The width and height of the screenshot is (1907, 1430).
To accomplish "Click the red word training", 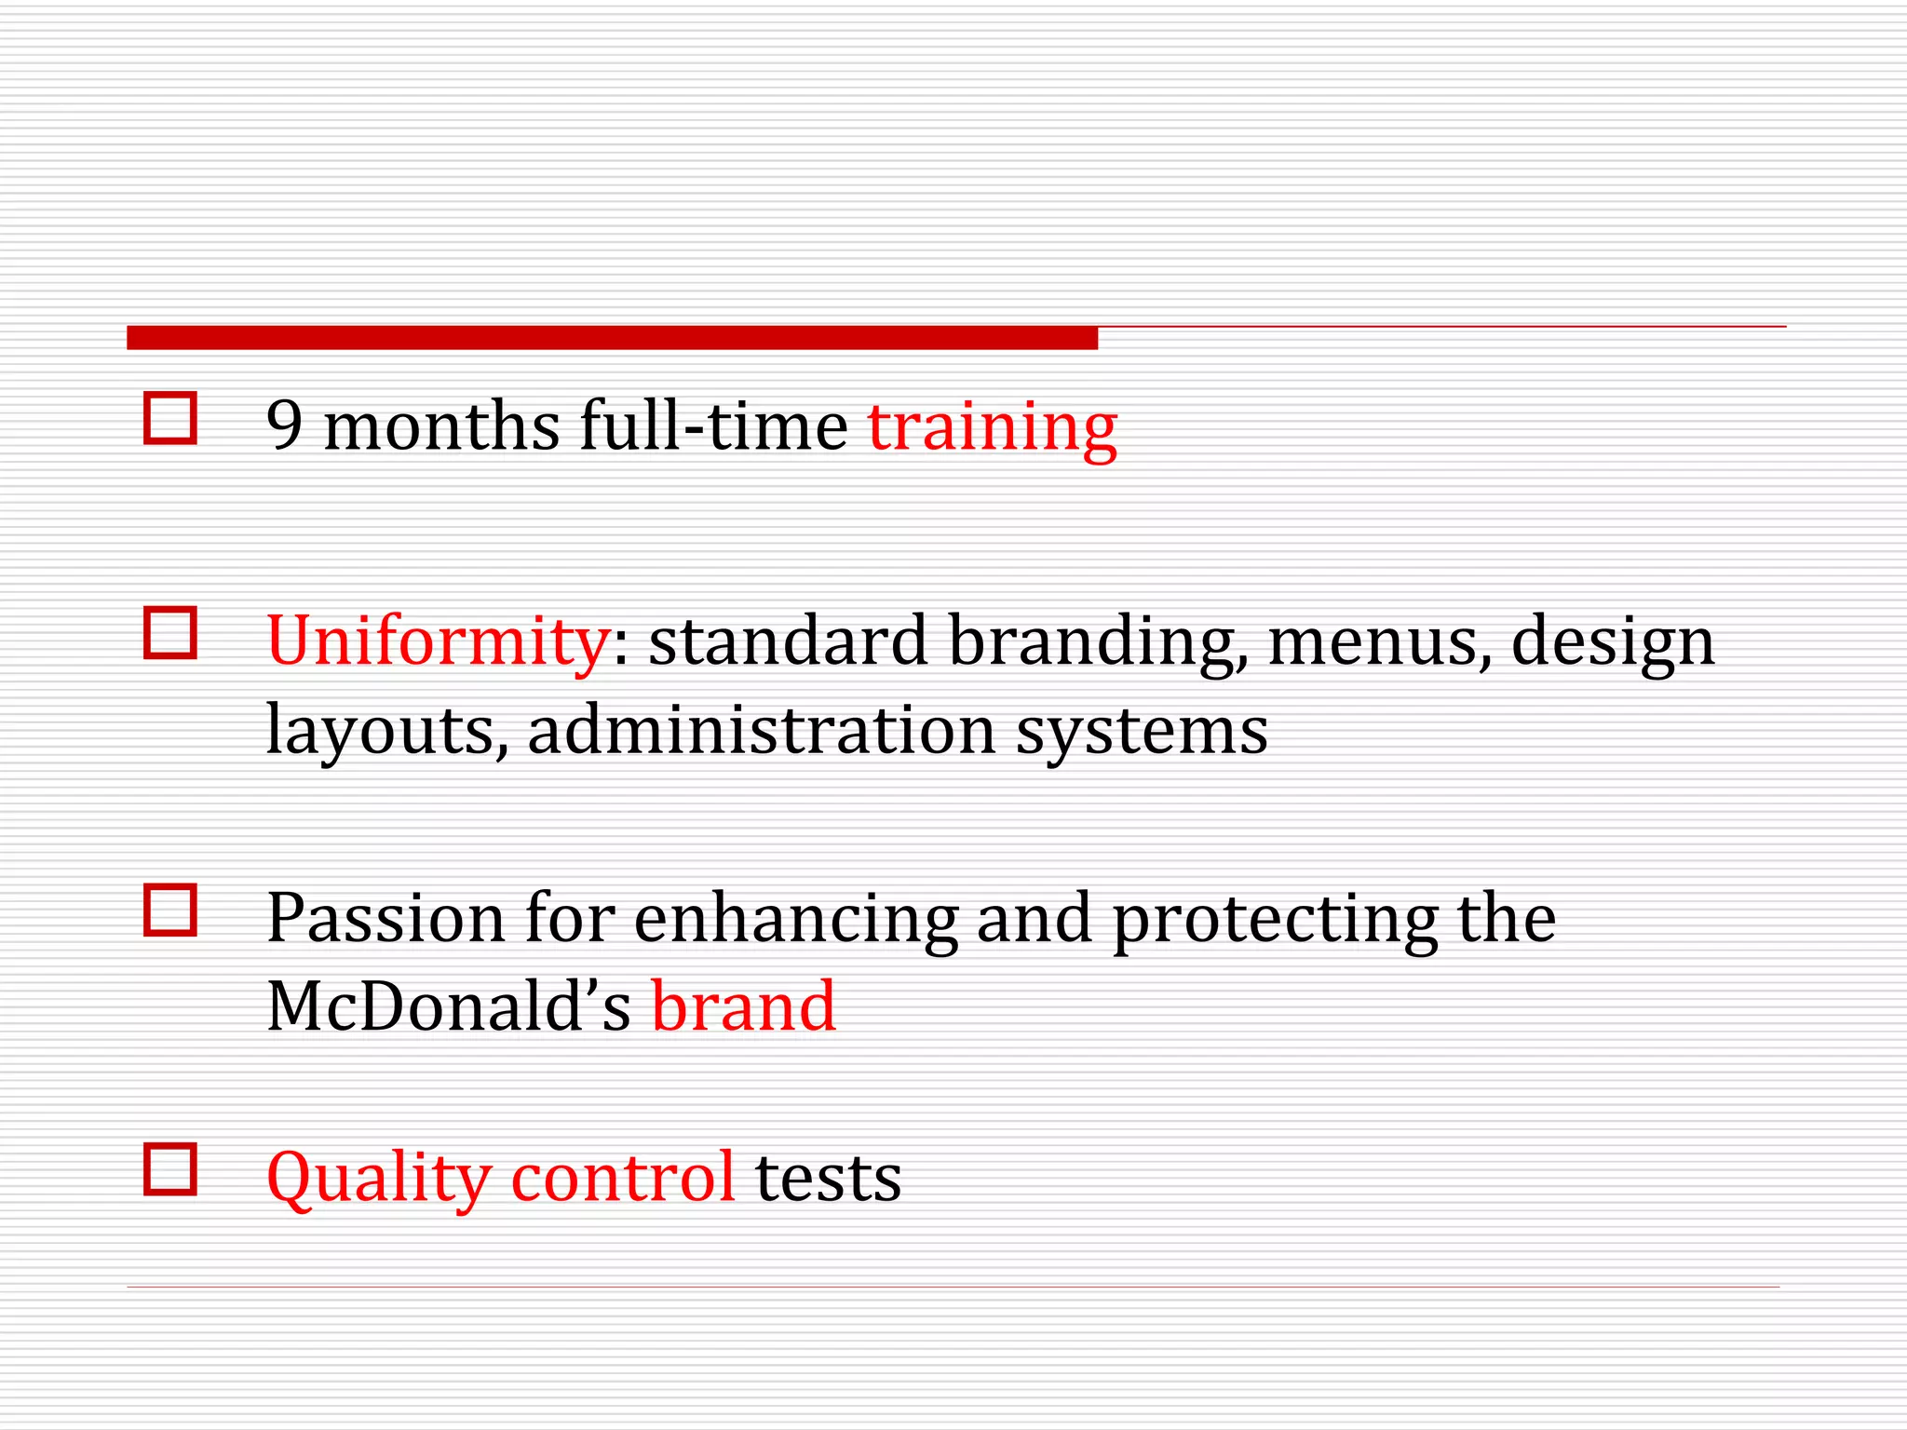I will point(992,427).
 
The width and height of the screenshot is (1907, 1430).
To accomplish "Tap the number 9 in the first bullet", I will point(284,426).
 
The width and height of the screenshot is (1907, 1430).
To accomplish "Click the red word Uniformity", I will point(438,642).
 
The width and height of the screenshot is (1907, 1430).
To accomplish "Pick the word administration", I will point(761,730).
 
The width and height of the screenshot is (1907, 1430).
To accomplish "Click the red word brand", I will point(743,1006).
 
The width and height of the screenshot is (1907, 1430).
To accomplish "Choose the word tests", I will point(828,1179).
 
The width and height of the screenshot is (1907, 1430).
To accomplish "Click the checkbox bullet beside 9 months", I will point(170,418).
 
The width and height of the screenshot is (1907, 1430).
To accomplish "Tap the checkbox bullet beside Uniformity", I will point(170,633).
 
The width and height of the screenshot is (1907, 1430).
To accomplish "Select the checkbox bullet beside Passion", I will point(170,910).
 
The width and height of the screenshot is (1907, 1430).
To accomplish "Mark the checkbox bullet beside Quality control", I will point(170,1168).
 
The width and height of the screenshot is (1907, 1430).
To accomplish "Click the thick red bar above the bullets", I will point(612,338).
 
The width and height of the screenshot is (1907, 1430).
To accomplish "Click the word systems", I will point(1141,732).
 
